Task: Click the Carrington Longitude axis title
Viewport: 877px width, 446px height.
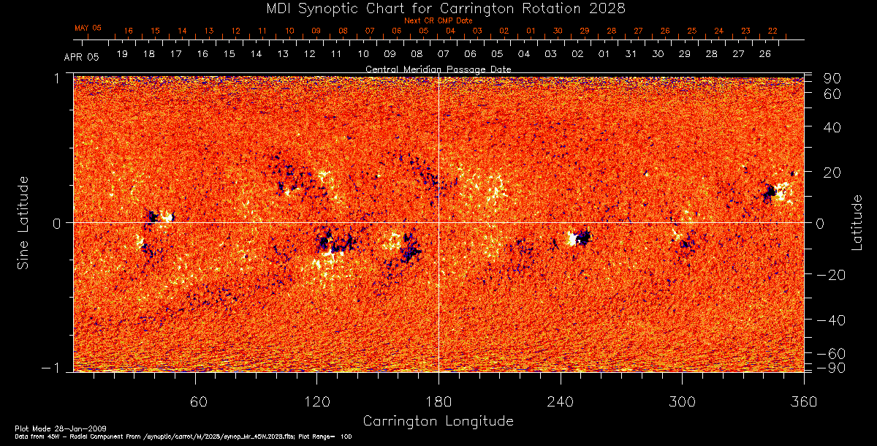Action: click(x=438, y=421)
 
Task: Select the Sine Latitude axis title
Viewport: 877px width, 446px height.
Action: click(x=23, y=222)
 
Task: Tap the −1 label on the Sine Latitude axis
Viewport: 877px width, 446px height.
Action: click(x=56, y=369)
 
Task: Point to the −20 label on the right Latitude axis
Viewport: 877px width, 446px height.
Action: click(x=829, y=275)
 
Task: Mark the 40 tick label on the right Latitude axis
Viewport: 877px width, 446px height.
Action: click(x=834, y=127)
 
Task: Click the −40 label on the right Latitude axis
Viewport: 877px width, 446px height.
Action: click(x=829, y=320)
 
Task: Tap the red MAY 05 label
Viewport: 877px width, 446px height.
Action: click(x=88, y=28)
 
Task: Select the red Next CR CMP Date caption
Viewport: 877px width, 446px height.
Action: click(x=438, y=20)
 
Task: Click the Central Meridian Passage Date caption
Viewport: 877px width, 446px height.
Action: click(x=438, y=69)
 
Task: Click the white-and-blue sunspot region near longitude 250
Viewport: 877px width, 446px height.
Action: click(x=580, y=238)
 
